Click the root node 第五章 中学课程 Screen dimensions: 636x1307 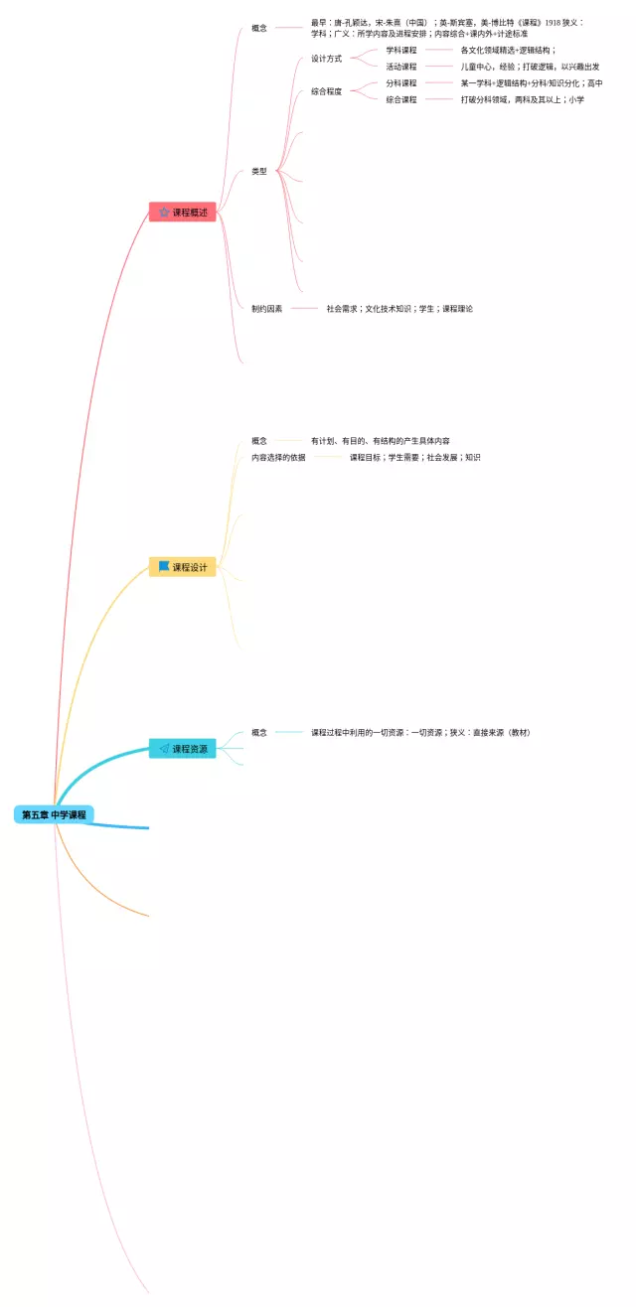click(55, 814)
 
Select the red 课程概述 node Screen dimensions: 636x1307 click(182, 212)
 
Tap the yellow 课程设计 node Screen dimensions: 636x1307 click(182, 567)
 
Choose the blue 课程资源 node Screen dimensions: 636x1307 click(182, 748)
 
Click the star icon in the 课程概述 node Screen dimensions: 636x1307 click(164, 212)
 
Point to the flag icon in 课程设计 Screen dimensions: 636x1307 click(164, 567)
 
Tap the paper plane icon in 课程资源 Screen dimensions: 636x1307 click(164, 748)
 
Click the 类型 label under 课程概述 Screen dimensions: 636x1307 click(259, 171)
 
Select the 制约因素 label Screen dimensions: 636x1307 click(266, 308)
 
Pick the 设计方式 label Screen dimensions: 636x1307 click(326, 59)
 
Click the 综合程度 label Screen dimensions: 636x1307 click(326, 91)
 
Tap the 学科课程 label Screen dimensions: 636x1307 click(401, 50)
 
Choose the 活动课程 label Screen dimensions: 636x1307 click(401, 67)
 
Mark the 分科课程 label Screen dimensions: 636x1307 click(401, 83)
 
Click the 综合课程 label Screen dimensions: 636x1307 click(401, 99)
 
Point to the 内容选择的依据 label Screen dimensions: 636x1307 click(278, 457)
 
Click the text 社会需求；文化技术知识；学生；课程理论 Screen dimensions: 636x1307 click(399, 308)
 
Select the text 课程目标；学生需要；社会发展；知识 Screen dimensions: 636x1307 click(414, 457)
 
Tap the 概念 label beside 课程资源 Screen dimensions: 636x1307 click(259, 732)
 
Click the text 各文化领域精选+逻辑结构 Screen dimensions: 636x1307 click(508, 50)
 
